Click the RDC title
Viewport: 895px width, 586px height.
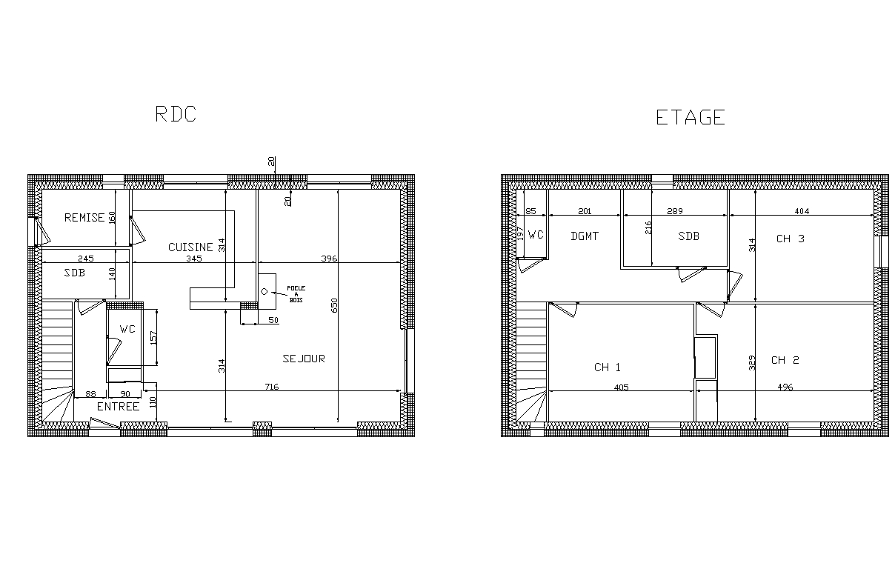pyautogui.click(x=176, y=114)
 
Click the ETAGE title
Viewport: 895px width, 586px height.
pyautogui.click(x=691, y=118)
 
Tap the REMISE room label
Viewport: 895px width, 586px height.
pyautogui.click(x=84, y=218)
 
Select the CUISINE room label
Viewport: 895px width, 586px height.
pyautogui.click(x=190, y=247)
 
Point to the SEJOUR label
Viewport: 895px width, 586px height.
pyautogui.click(x=304, y=359)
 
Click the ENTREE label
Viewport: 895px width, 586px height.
pyautogui.click(x=119, y=407)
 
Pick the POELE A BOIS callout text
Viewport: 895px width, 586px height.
pyautogui.click(x=296, y=294)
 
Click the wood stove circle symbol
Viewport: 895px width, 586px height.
pyautogui.click(x=264, y=292)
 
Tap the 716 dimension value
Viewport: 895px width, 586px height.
pyautogui.click(x=272, y=387)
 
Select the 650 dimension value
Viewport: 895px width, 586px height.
pyautogui.click(x=334, y=305)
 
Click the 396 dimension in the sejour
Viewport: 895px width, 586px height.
pyautogui.click(x=329, y=259)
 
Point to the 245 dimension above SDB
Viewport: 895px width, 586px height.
pyautogui.click(x=86, y=259)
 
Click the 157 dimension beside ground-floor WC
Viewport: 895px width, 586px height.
pyautogui.click(x=153, y=338)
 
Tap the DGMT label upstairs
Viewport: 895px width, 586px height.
pyautogui.click(x=585, y=236)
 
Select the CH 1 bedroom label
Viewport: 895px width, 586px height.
pyautogui.click(x=608, y=367)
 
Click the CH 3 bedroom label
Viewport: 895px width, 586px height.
pyautogui.click(x=791, y=239)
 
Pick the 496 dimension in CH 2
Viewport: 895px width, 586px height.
pyautogui.click(x=785, y=387)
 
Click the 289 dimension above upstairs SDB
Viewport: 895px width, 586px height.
pyautogui.click(x=675, y=211)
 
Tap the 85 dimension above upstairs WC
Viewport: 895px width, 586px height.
pyautogui.click(x=530, y=211)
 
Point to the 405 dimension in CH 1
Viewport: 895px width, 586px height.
pyautogui.click(x=622, y=387)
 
